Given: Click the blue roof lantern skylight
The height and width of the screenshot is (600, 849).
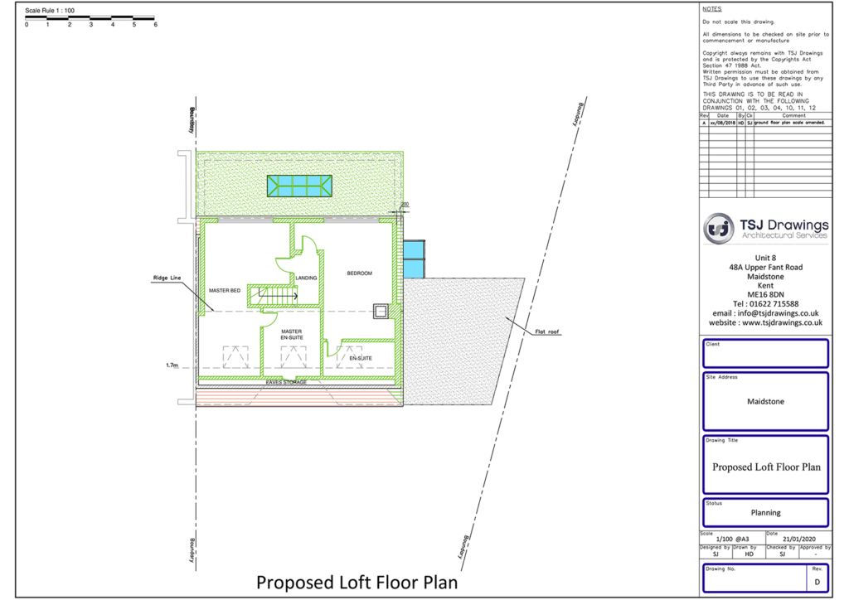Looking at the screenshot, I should tap(299, 186).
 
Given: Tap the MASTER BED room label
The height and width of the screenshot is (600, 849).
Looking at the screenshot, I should tap(225, 291).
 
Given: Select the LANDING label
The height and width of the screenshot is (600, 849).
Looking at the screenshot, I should tap(307, 278).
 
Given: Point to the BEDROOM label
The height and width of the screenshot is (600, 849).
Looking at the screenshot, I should tap(359, 273).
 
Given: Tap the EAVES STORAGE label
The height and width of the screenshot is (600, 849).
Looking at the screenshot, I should tap(286, 382).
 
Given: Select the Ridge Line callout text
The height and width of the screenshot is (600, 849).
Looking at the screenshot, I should tap(167, 278).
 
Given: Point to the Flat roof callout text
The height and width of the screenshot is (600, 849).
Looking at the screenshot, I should tap(547, 332).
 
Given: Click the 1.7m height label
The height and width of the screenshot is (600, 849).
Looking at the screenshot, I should tap(172, 365).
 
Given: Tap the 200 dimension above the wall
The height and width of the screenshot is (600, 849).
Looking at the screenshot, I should tap(405, 204).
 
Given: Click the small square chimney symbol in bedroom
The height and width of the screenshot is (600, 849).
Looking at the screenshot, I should tap(381, 311).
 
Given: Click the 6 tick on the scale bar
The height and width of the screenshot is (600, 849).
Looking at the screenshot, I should tap(155, 25).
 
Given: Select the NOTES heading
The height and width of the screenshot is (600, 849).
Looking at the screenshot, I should tap(711, 9).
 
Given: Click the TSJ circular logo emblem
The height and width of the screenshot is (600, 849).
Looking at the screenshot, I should tap(719, 228).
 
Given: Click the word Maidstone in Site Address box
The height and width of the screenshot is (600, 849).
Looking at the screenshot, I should tap(766, 402).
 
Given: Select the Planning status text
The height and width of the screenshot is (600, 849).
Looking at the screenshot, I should tap(766, 512).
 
